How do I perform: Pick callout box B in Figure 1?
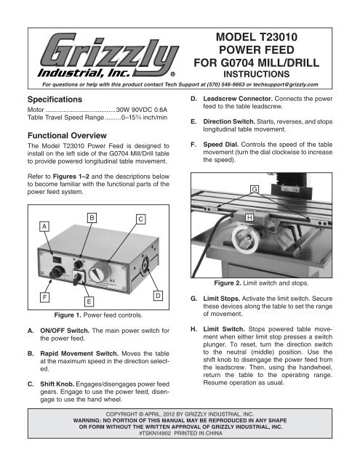coord(91,217)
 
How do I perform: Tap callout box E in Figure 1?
coord(68,320)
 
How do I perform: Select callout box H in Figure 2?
coord(249,217)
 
